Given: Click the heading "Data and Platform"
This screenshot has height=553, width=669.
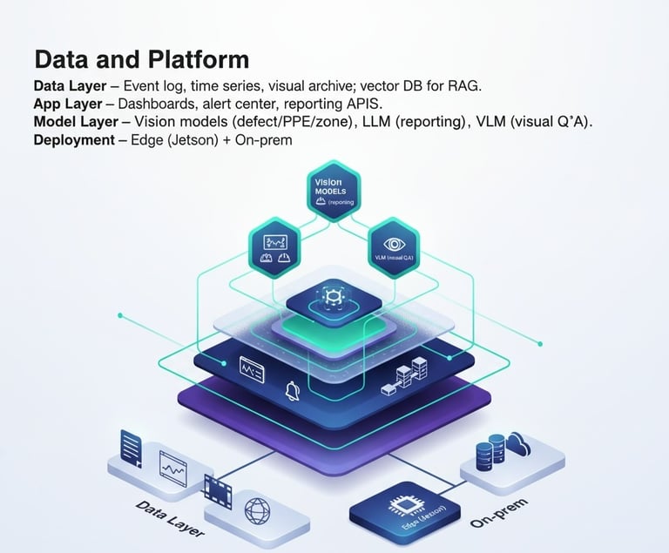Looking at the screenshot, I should click(141, 59).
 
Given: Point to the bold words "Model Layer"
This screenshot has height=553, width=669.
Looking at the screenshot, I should click(80, 122).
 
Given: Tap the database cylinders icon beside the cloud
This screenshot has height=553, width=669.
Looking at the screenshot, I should click(486, 453).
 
